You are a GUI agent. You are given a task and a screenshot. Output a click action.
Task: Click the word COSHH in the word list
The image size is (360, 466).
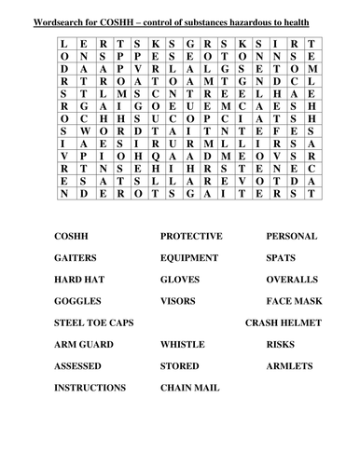(72, 237)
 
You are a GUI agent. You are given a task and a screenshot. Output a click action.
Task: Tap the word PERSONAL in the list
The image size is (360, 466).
(291, 237)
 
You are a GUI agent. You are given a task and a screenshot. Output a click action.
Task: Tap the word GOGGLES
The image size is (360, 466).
(77, 301)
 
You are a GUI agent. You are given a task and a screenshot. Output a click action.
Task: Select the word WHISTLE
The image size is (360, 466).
(183, 344)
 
